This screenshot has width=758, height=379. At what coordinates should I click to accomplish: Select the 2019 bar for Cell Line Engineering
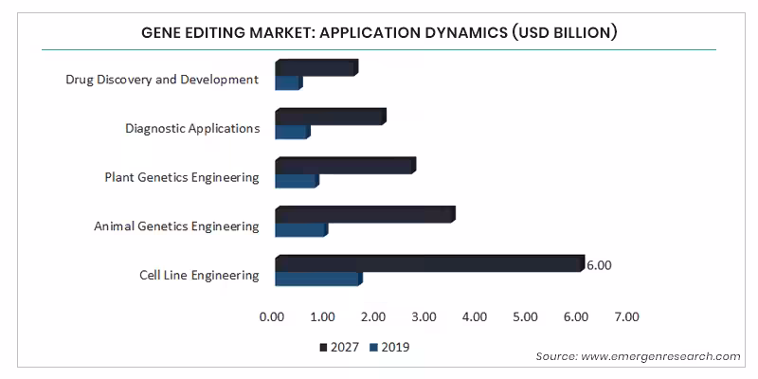click(317, 279)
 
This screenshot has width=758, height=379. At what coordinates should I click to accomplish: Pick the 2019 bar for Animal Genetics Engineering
click(300, 229)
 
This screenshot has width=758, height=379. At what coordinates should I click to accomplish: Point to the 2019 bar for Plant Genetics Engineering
click(296, 180)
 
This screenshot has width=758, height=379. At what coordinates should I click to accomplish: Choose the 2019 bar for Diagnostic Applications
click(292, 131)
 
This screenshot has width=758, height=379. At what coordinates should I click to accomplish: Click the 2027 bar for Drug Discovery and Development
click(316, 67)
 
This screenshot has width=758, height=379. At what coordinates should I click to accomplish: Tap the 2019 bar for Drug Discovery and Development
click(288, 82)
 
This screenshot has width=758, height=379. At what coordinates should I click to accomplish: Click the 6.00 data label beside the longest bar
click(598, 265)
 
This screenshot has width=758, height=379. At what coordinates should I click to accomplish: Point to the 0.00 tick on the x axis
click(272, 316)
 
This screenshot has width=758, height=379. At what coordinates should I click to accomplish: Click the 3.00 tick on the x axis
click(424, 316)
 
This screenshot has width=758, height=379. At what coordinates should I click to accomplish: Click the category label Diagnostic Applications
click(192, 128)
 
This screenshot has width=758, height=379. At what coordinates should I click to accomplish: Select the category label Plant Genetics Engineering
click(182, 177)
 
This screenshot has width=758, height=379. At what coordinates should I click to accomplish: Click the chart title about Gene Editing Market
click(379, 33)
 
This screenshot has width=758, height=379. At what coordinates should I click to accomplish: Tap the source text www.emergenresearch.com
click(638, 356)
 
